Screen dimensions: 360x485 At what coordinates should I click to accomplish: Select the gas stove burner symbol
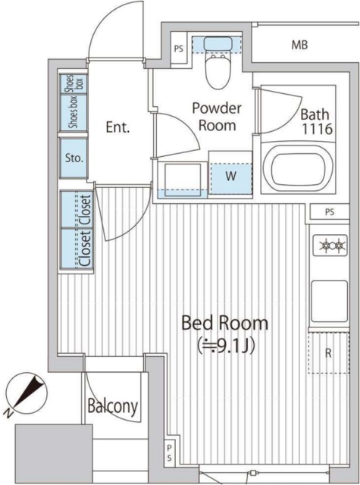[330, 246]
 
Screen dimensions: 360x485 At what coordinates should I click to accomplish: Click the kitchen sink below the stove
[329, 302]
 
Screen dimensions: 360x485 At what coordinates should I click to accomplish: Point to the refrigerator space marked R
[328, 353]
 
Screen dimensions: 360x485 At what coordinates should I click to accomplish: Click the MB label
[299, 45]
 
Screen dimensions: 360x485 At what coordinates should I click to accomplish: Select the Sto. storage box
[74, 158]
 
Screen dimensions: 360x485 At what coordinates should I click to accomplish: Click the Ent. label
[117, 127]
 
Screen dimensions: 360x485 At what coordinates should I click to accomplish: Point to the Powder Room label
[217, 117]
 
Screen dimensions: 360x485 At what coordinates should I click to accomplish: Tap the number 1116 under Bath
[317, 129]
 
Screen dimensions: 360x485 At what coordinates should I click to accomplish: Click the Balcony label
[113, 406]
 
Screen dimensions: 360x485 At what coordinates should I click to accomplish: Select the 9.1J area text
[226, 346]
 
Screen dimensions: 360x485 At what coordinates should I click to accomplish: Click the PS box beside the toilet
[179, 48]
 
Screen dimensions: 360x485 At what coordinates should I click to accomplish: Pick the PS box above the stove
[330, 212]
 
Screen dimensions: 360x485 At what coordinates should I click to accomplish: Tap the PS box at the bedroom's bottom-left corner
[170, 453]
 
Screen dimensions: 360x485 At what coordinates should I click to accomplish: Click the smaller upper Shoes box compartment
[74, 83]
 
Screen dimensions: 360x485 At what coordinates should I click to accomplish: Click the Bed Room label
[224, 323]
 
